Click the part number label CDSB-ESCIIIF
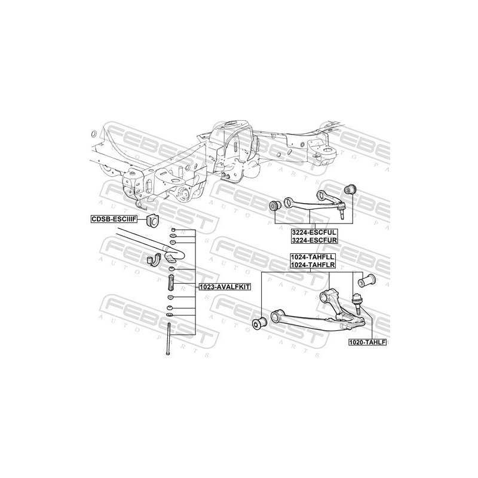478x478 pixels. coord(114,219)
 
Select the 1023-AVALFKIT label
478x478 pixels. coord(225,286)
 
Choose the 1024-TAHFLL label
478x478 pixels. coord(312,256)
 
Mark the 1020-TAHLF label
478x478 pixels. coord(368,343)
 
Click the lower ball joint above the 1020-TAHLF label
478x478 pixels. coord(357,302)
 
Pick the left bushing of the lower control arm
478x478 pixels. coord(259,323)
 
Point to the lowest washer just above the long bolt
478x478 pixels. coord(170,315)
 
